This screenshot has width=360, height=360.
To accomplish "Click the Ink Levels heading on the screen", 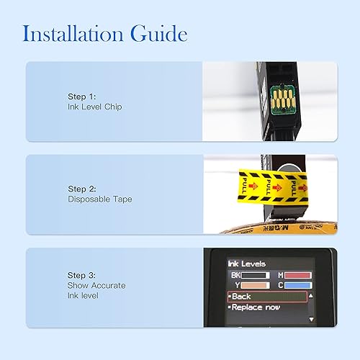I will coord(247,264).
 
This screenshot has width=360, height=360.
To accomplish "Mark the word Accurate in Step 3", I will coord(108,286).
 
